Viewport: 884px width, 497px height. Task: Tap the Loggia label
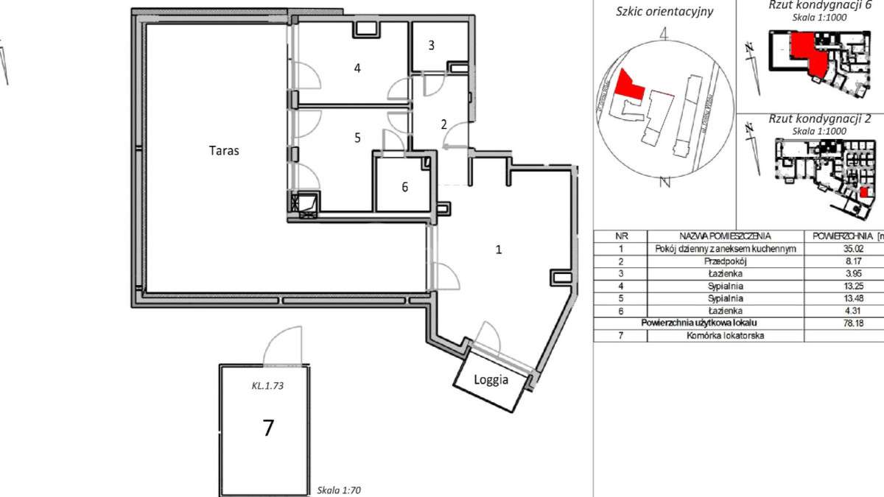491,381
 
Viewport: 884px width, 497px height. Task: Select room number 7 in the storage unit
268,427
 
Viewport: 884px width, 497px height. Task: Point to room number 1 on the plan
498,250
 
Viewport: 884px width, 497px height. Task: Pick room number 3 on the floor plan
432,45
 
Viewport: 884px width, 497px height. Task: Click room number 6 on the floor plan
404,187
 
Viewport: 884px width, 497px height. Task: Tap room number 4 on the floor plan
357,68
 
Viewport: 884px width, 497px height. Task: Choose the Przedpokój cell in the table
726,261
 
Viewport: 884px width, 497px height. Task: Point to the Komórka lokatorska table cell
726,336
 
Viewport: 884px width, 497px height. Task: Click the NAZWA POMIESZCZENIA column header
726,236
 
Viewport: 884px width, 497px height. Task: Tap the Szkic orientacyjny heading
664,12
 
